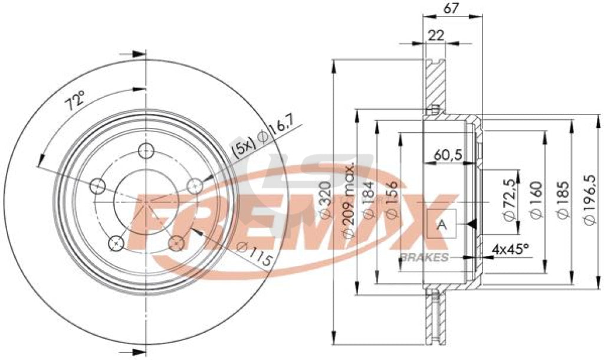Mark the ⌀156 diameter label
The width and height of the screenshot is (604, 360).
pyautogui.click(x=390, y=200)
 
